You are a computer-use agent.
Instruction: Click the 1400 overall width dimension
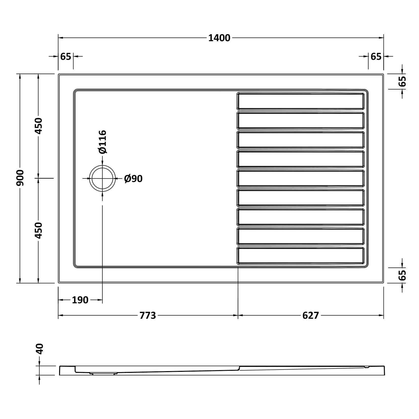[219, 38]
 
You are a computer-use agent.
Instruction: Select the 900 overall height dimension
[20, 178]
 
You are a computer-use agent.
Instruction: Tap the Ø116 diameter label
[102, 142]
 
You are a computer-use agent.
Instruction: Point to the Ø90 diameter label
[133, 179]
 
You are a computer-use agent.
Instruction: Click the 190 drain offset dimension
[80, 300]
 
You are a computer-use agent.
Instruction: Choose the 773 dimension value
[148, 316]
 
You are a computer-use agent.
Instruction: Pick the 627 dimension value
[311, 316]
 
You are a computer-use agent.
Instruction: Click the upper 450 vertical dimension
[38, 126]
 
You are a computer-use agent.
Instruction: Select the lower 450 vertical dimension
[38, 230]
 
